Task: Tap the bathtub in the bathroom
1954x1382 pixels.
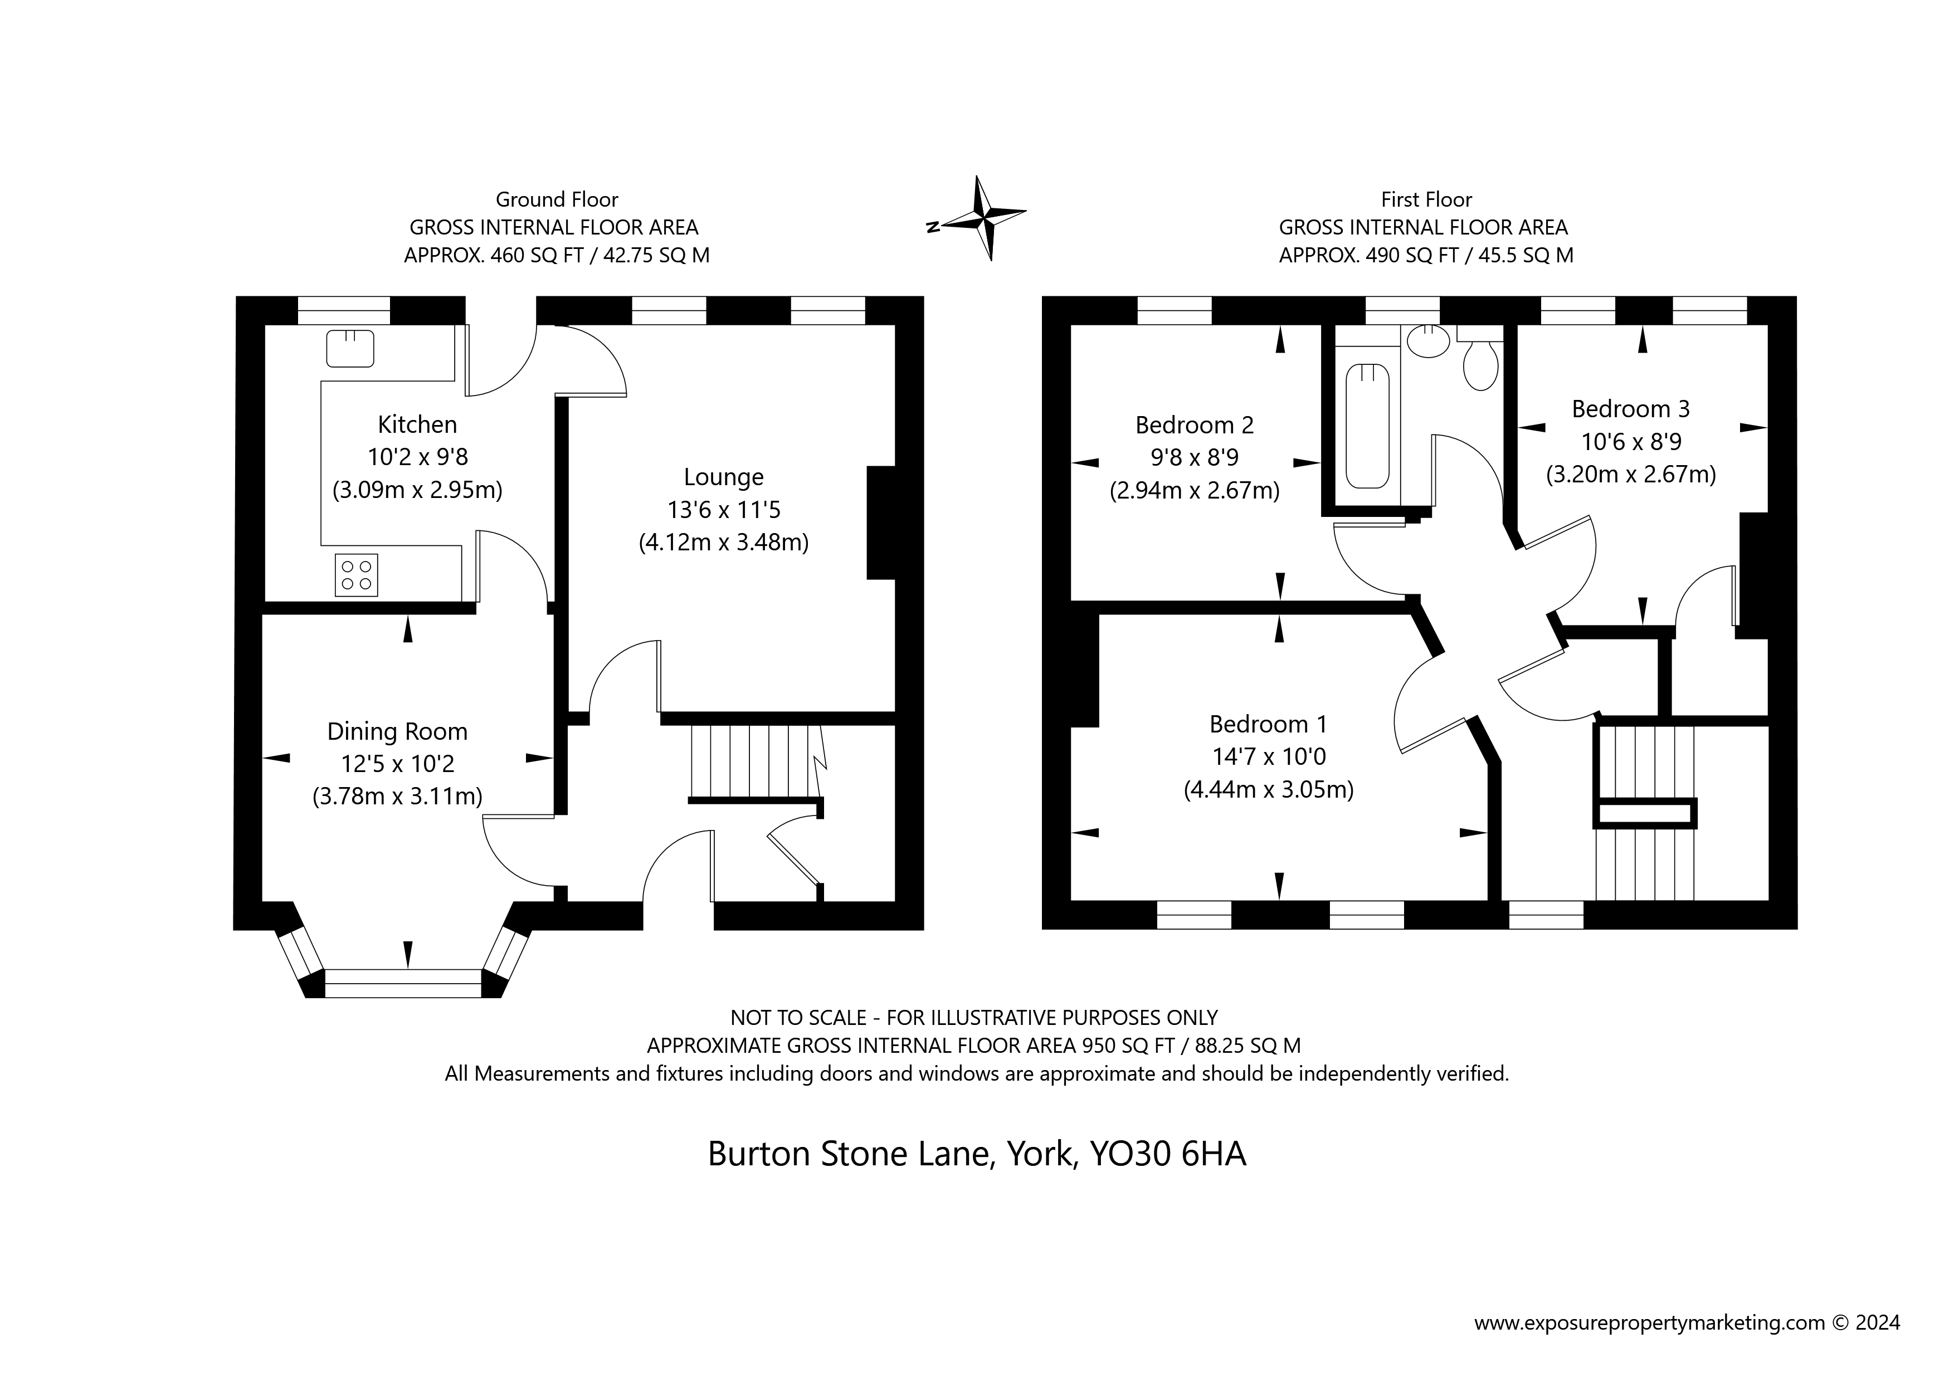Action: pyautogui.click(x=1368, y=426)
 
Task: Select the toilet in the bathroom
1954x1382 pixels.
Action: pyautogui.click(x=1481, y=364)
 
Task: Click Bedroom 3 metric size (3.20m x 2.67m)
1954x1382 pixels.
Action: pyautogui.click(x=1631, y=475)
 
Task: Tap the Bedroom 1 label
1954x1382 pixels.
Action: pyautogui.click(x=1268, y=724)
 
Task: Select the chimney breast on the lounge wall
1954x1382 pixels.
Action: pyautogui.click(x=881, y=522)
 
